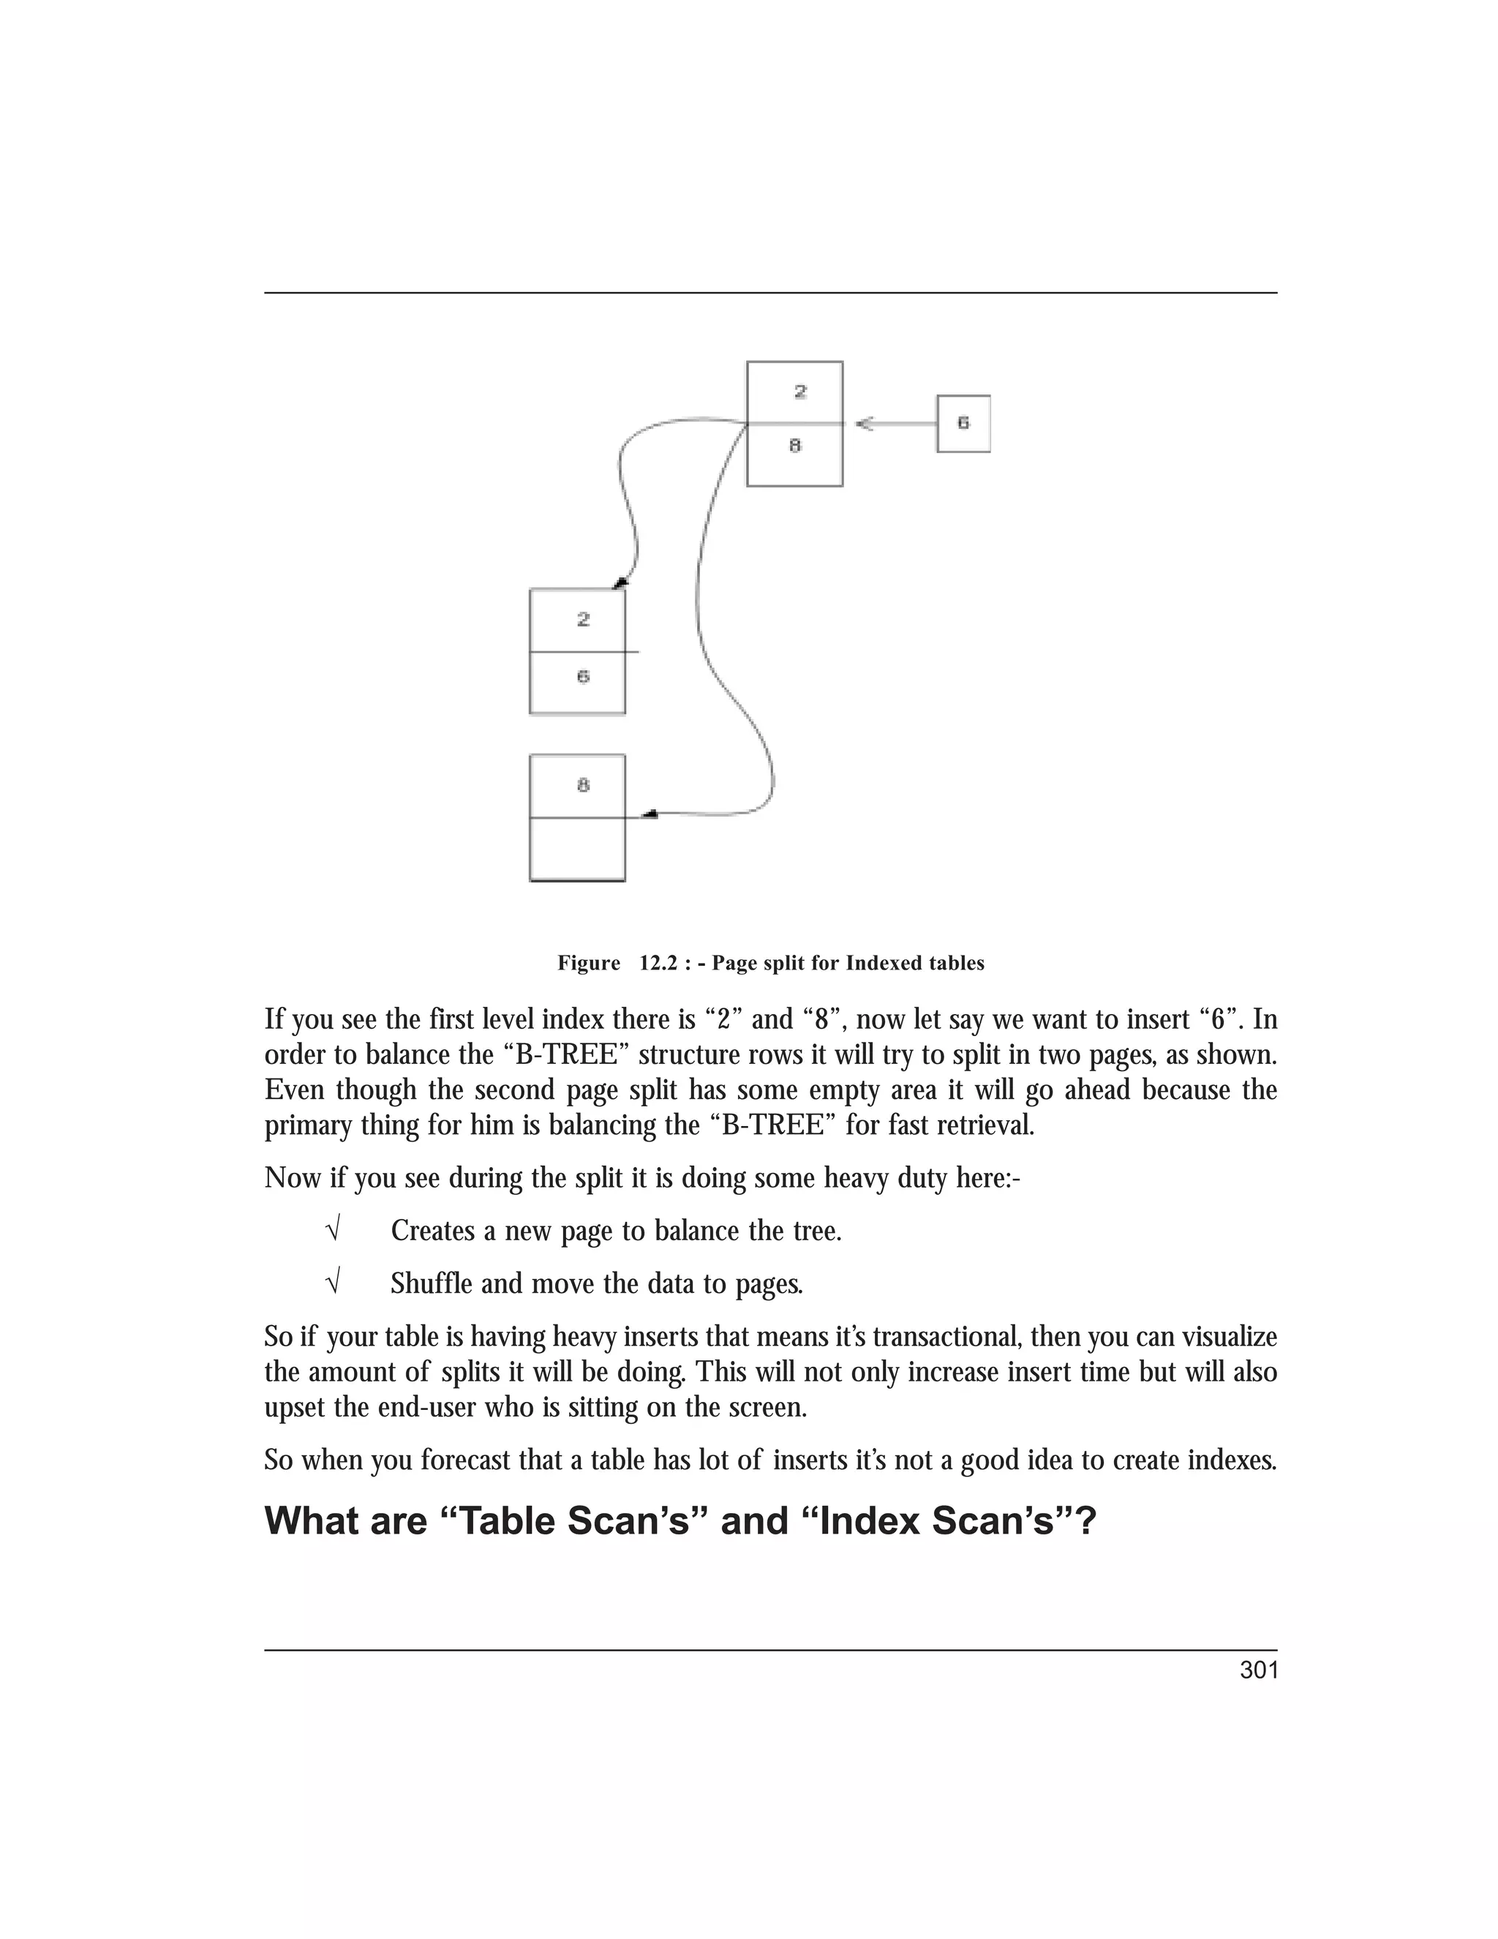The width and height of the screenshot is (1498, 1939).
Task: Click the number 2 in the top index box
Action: [x=799, y=391]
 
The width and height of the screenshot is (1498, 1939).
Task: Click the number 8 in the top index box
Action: [x=795, y=446]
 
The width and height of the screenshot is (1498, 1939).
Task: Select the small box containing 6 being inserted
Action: [x=963, y=424]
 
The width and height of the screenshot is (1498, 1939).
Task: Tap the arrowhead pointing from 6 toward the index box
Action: [x=865, y=424]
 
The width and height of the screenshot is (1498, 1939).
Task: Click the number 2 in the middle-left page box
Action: [x=583, y=620]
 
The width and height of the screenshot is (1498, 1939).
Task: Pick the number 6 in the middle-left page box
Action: [x=583, y=677]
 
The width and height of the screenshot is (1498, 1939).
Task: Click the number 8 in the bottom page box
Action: [x=583, y=785]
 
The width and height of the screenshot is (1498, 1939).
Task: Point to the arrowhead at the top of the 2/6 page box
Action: [x=620, y=582]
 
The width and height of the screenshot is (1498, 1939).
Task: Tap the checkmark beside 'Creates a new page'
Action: [x=333, y=1231]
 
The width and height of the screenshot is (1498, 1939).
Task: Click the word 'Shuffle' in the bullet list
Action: [x=432, y=1284]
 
